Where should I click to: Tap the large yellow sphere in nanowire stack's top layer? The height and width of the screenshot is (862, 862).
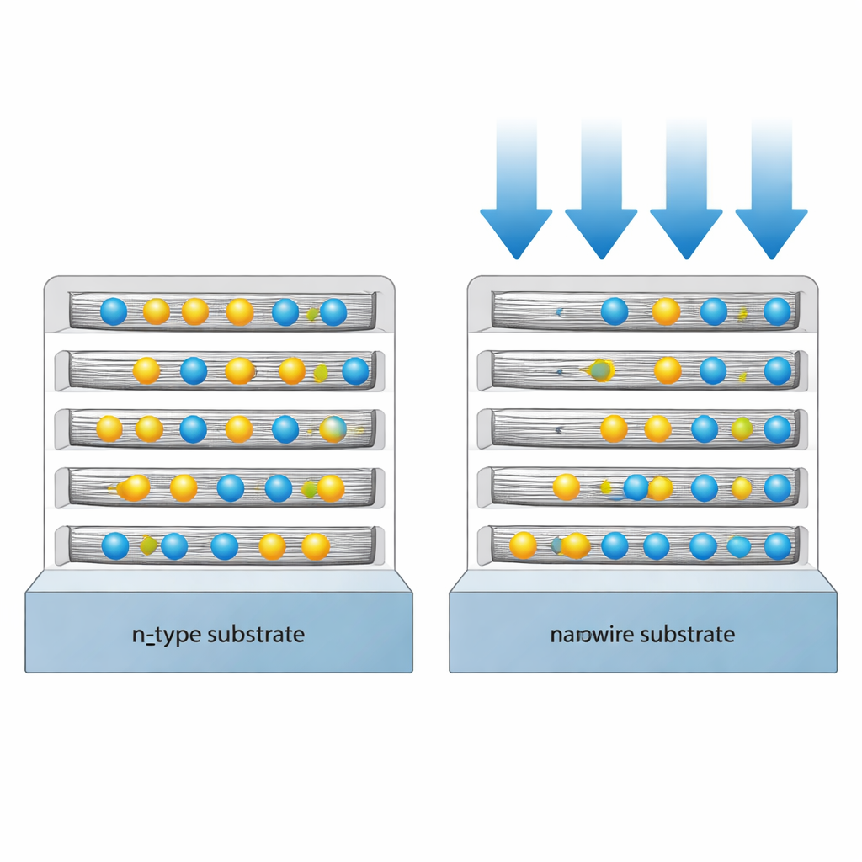pos(666,311)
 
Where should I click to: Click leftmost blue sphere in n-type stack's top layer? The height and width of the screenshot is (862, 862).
pos(114,311)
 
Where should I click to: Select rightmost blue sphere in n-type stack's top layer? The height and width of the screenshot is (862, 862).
pos(333,311)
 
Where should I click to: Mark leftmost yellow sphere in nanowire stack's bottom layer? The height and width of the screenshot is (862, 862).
pos(523,545)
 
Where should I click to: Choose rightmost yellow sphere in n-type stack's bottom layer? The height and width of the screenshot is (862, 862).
pos(316,546)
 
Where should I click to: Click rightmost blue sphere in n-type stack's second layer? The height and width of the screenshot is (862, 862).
pos(355,370)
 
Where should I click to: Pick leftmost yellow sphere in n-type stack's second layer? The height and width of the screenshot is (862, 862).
pos(146,370)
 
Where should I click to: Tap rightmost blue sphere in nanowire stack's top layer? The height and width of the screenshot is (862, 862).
pos(777,311)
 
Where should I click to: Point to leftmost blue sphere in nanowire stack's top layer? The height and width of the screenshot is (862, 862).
pos(615,311)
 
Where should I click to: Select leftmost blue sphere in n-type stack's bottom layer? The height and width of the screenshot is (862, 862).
pos(115,545)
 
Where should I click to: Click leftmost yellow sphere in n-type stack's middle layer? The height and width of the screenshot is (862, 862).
pos(109,428)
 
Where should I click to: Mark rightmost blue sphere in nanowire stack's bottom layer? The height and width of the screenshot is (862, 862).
pos(778,545)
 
